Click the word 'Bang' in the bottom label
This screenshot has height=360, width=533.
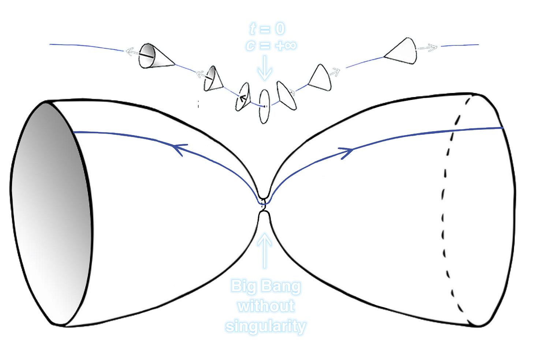(x=281, y=286)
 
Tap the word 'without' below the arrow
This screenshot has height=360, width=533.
(x=266, y=307)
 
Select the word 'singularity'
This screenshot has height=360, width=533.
(x=266, y=326)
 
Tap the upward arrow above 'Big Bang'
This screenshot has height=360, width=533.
(x=265, y=249)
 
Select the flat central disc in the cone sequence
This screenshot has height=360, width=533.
(x=264, y=107)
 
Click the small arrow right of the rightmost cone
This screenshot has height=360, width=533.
(x=429, y=47)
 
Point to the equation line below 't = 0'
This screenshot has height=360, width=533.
(x=271, y=45)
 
